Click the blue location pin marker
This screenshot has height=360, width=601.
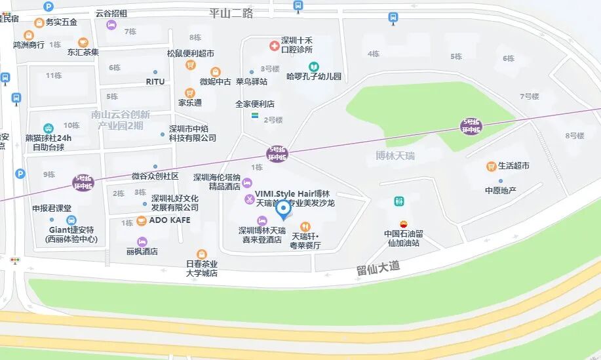[283, 209]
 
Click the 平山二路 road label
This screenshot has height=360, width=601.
[231, 12]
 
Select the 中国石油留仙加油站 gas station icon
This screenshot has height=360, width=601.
[402, 222]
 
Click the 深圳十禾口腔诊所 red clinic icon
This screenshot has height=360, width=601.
[274, 45]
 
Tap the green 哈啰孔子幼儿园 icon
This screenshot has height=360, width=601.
[314, 66]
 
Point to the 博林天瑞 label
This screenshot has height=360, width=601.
[395, 156]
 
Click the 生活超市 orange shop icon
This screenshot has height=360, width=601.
[490, 167]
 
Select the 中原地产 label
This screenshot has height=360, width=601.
[501, 190]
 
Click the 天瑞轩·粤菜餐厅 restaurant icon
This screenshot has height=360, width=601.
[305, 226]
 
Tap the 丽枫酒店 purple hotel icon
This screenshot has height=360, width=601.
[142, 241]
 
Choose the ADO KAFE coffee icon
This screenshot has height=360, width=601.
[142, 220]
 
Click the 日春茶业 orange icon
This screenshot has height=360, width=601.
[202, 254]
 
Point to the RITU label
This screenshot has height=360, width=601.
[155, 81]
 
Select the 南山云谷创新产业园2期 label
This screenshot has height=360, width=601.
[121, 119]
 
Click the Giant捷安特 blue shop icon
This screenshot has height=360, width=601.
[71, 220]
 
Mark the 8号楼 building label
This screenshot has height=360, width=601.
[574, 136]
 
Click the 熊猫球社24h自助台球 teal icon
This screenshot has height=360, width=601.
[48, 128]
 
